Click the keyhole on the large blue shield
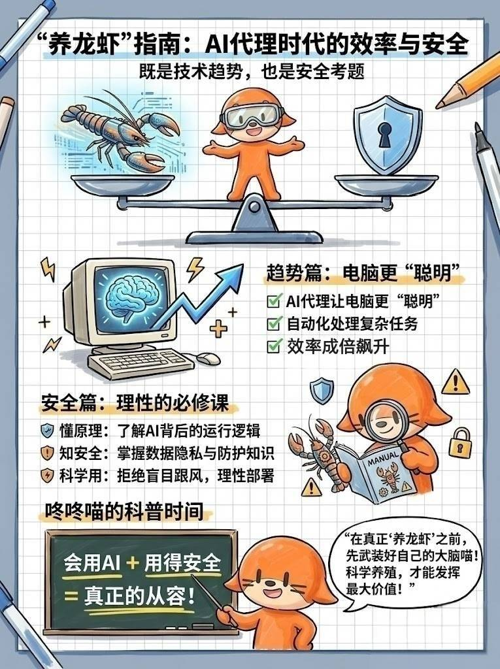(x=384, y=133)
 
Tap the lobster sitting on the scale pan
(x=120, y=132)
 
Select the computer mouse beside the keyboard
(x=207, y=359)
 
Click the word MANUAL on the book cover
(x=383, y=459)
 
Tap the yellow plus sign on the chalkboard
(x=133, y=563)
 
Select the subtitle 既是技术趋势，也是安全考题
(x=252, y=72)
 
